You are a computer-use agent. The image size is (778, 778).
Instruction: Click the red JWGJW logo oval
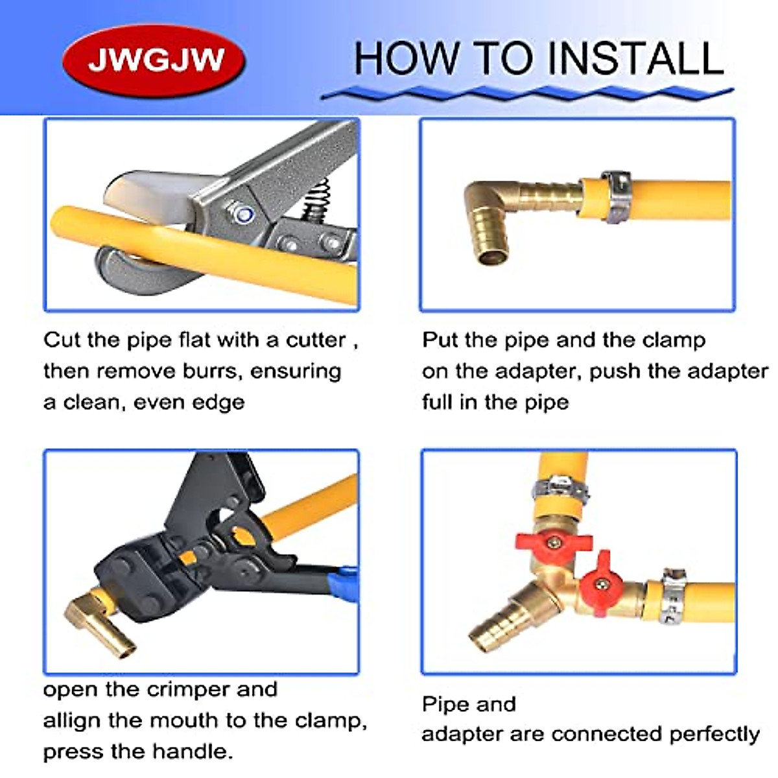(x=154, y=60)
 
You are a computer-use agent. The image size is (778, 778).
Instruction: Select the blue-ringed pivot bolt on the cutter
(x=246, y=213)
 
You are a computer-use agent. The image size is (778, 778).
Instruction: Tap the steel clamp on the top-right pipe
(x=615, y=198)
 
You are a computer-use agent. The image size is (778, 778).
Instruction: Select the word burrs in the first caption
(x=211, y=371)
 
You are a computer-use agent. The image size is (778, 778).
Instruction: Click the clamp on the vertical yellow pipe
(x=561, y=486)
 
